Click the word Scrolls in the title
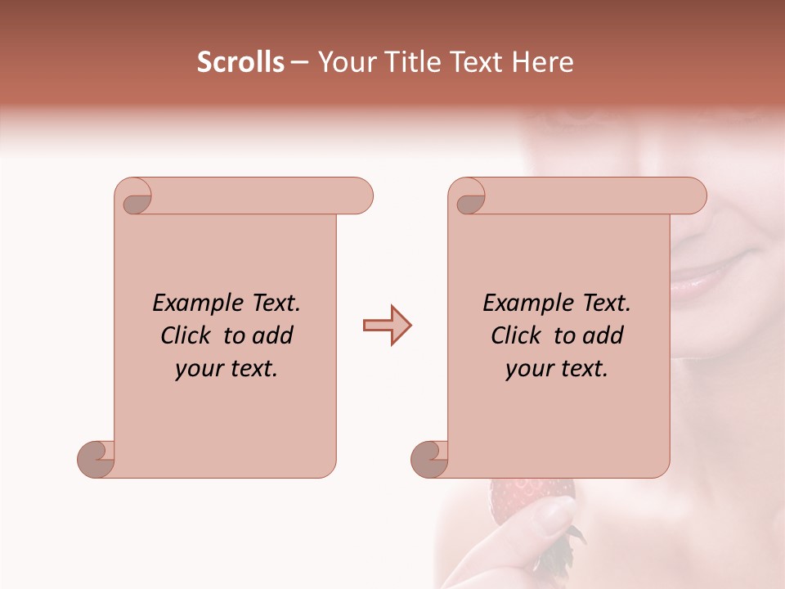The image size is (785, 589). point(241,62)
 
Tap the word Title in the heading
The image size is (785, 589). point(410,62)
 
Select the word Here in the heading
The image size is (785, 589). point(542,62)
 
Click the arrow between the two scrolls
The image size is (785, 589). point(387,326)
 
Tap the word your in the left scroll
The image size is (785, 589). point(197,369)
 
